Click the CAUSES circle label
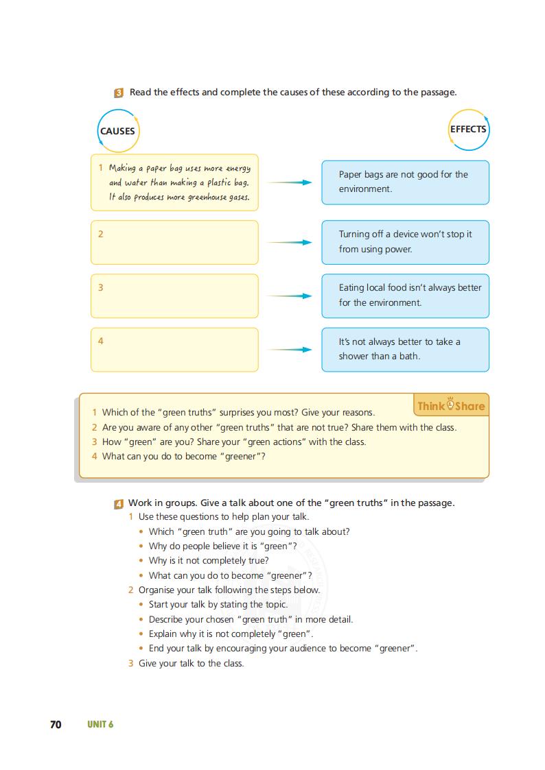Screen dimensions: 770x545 click(117, 131)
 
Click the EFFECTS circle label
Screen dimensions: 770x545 click(468, 129)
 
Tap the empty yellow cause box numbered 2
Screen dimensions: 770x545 click(174, 242)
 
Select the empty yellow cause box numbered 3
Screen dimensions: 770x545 click(174, 296)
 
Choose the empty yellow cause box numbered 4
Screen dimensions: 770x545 click(174, 349)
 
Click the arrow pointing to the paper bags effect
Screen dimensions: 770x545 click(289, 182)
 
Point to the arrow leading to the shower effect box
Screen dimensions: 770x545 click(289, 349)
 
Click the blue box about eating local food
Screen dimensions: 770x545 click(405, 296)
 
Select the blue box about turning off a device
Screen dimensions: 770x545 click(405, 242)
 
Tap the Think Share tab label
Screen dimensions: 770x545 click(451, 405)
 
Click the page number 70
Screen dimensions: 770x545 click(56, 724)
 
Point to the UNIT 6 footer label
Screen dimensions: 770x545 click(100, 724)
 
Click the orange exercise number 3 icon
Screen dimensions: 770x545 click(119, 93)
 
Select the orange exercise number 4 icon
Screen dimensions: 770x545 click(119, 503)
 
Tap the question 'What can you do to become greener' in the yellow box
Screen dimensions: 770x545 click(183, 456)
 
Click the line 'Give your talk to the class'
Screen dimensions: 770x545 click(191, 663)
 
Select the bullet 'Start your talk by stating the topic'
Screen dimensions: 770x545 click(218, 604)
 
